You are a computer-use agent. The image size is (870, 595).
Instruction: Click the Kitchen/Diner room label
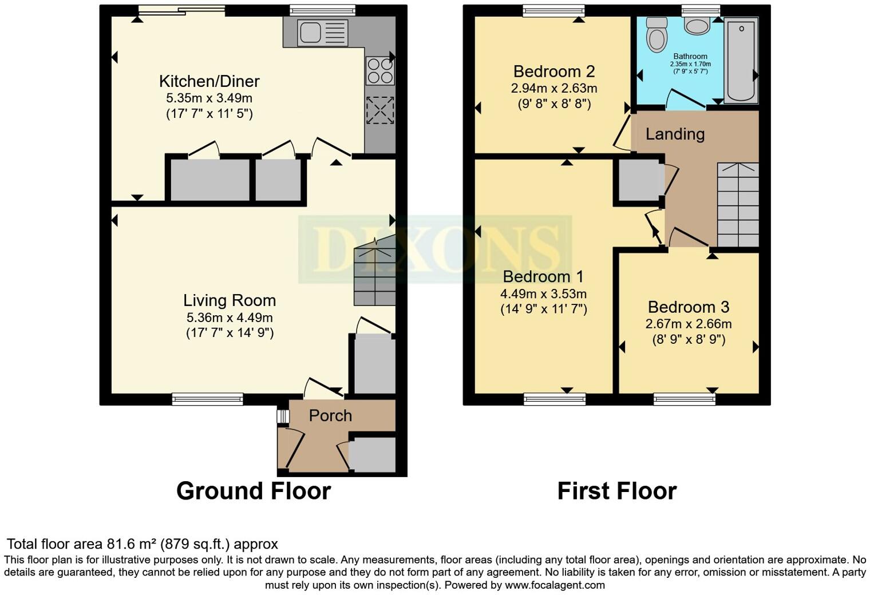click(x=209, y=81)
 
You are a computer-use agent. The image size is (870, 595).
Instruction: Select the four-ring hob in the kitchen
click(x=379, y=71)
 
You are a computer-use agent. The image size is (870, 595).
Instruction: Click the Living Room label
click(x=230, y=300)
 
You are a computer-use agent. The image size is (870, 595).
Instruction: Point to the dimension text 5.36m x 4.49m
click(x=230, y=318)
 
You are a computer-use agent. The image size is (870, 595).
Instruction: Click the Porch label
click(x=330, y=415)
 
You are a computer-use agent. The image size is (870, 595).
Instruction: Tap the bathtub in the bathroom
click(x=741, y=60)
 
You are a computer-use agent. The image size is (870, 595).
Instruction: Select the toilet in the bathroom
click(x=656, y=34)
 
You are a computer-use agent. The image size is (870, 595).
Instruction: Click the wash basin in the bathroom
click(x=697, y=26)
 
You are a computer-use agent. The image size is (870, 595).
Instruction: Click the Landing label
click(x=675, y=134)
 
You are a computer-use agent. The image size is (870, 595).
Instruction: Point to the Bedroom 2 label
click(x=554, y=72)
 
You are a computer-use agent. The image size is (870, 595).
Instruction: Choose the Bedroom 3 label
click(x=689, y=307)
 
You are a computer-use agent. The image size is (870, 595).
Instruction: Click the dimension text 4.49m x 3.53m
click(x=543, y=294)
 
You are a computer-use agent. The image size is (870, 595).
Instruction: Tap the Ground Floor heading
click(x=254, y=491)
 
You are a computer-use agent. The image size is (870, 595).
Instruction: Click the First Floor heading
click(x=617, y=491)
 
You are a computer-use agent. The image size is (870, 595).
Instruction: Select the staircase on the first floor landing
click(x=738, y=205)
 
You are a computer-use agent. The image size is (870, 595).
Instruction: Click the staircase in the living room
click(x=375, y=273)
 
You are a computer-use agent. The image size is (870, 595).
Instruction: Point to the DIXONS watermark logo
click(x=435, y=249)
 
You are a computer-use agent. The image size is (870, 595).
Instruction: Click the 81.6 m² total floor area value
click(x=132, y=544)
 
